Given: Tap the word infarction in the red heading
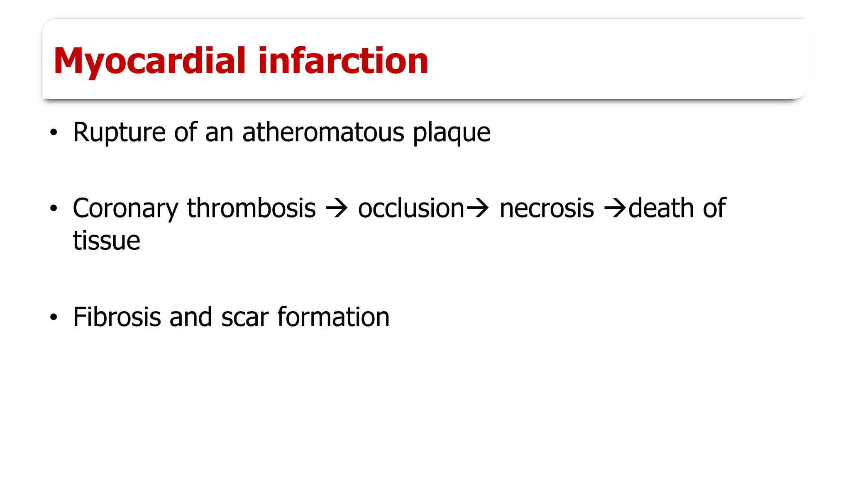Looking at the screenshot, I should point(343,61).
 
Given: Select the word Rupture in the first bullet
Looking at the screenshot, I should point(120,133).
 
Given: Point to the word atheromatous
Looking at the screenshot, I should point(323,133).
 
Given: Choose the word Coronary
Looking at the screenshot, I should point(125,209).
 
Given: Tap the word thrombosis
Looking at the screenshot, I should point(251,208).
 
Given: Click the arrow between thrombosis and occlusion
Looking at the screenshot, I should point(337,208).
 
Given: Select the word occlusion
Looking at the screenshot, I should point(411,208).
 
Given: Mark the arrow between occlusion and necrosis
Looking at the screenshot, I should point(478,208).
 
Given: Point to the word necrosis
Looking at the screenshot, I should point(547,208).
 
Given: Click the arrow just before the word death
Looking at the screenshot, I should point(615,208).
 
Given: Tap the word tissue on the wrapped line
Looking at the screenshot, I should point(107,241).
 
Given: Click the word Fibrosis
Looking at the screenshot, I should point(117,317).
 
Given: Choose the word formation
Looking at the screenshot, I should point(333,317).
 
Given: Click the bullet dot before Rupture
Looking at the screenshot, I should point(53,133).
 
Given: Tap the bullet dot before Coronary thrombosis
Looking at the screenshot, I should point(53,208).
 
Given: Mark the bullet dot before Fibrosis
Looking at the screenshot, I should point(53,317).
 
